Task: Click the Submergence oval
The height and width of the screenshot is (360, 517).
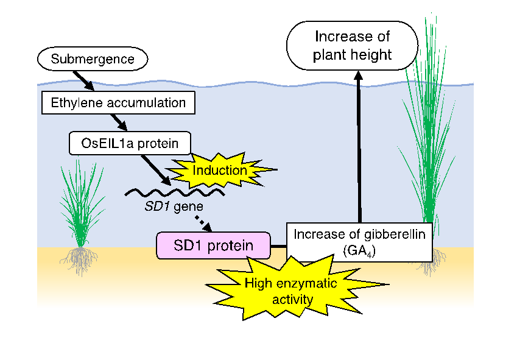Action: point(93,60)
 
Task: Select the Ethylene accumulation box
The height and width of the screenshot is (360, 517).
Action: point(118,102)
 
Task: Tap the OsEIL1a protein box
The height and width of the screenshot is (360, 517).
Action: point(130,143)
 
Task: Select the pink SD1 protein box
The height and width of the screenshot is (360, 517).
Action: point(213,245)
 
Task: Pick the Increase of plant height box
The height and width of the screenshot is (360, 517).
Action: point(352,46)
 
